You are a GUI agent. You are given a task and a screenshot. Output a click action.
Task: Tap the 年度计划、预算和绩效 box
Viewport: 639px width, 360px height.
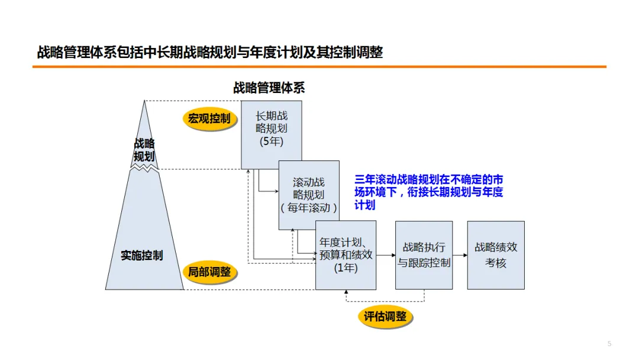346,255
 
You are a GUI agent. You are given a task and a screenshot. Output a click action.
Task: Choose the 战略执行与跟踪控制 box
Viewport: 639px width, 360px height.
424,255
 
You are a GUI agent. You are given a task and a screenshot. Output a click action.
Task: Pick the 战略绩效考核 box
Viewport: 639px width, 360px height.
496,255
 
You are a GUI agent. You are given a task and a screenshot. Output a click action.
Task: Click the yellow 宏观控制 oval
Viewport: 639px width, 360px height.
209,119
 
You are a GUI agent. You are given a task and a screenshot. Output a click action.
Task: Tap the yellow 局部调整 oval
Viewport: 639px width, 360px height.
209,272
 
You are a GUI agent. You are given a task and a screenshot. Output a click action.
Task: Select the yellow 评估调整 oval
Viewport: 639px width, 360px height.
385,317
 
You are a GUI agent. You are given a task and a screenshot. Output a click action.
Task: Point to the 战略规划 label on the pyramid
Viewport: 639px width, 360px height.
144,150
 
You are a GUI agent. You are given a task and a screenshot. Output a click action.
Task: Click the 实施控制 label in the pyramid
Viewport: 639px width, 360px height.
142,256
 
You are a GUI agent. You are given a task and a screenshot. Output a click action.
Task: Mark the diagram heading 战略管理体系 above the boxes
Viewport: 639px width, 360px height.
269,88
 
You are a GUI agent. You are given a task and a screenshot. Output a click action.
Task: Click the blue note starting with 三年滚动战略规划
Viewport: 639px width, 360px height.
428,192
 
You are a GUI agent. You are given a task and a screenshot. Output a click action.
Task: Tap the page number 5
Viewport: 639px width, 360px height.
609,344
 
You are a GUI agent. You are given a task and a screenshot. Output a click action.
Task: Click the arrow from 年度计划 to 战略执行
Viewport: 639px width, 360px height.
386,255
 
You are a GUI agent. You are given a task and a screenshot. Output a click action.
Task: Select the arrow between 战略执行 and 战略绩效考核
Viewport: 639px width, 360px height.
460,255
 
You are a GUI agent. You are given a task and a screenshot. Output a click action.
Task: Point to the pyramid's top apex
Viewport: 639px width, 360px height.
144,102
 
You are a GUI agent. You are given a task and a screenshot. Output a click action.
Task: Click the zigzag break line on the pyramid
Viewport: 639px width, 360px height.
144,169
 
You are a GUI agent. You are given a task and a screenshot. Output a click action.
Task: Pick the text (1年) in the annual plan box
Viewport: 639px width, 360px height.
346,268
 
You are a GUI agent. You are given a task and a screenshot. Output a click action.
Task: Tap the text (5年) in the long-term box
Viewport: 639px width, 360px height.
272,142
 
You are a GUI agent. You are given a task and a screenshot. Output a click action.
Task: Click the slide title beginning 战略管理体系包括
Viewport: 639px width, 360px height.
210,53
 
